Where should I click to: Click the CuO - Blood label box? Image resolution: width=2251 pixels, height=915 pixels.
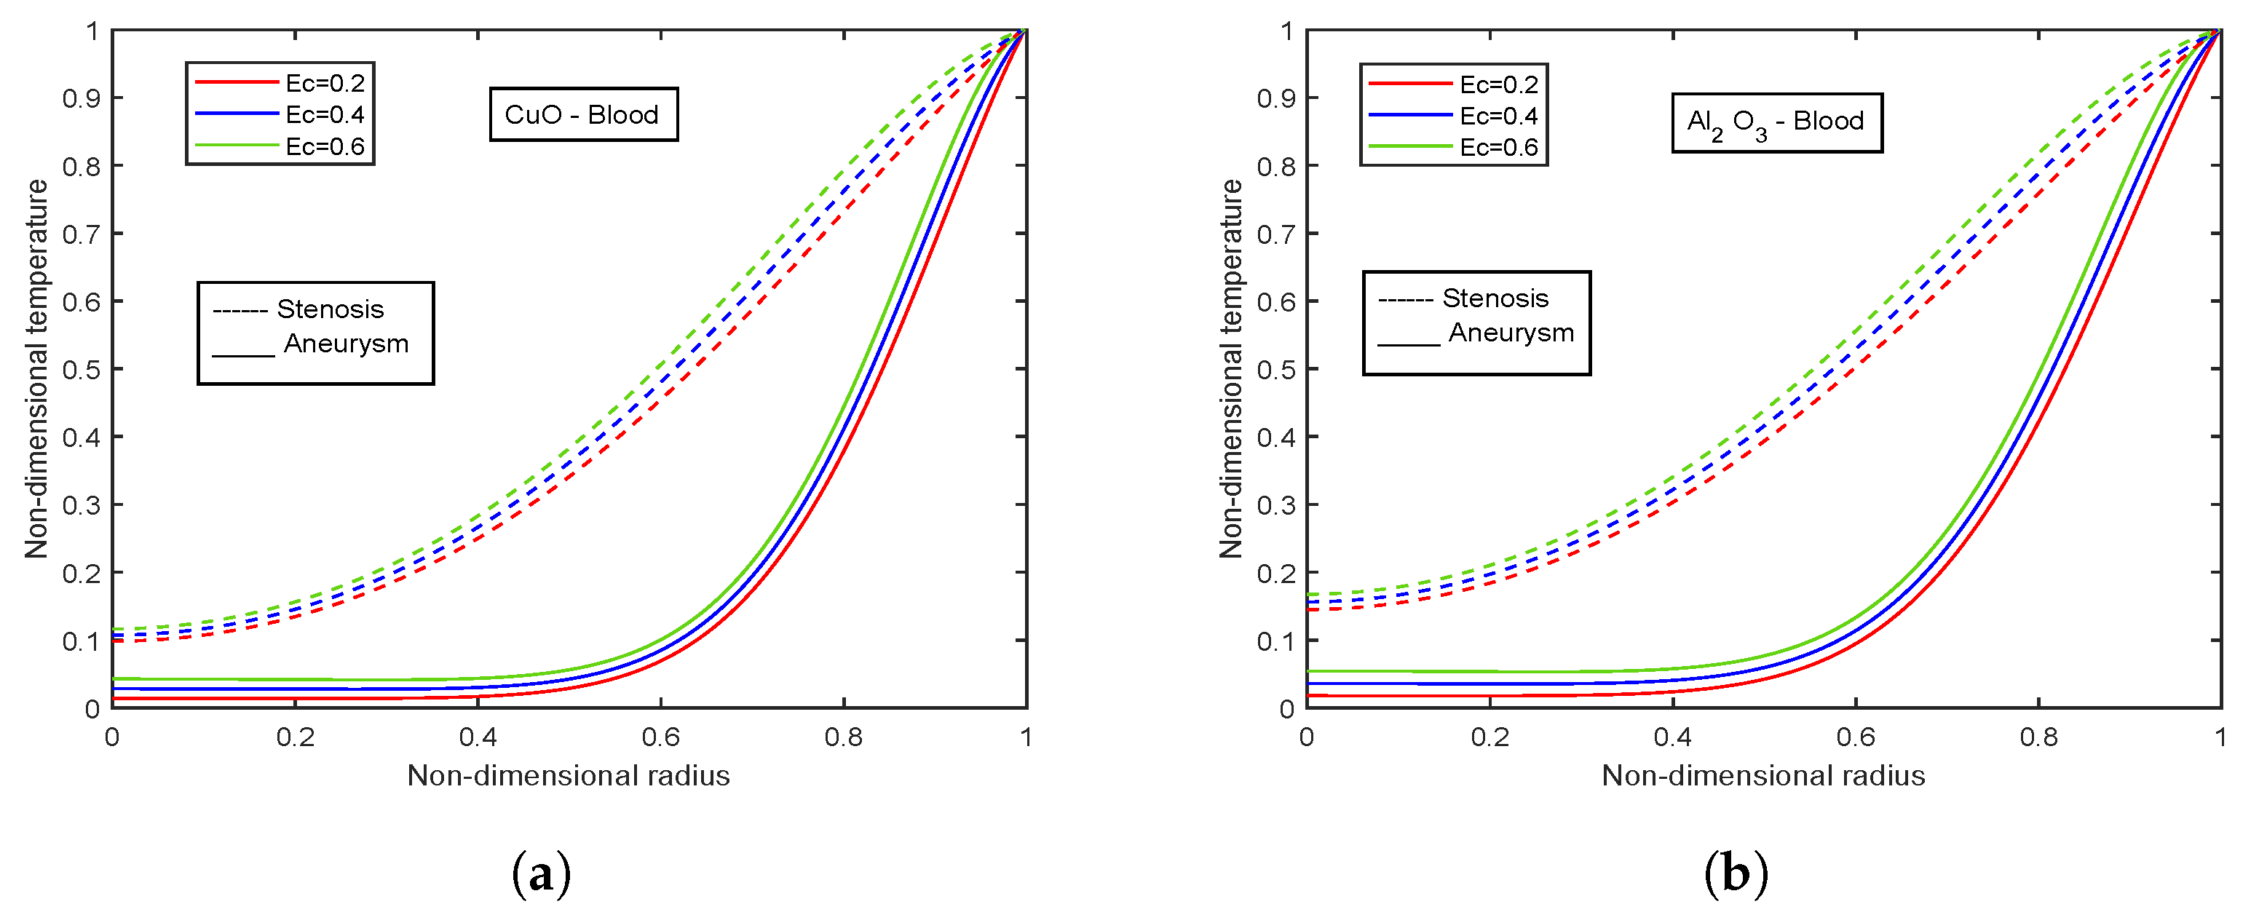pos(583,114)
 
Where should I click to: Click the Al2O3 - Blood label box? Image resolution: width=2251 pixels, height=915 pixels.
pos(1776,122)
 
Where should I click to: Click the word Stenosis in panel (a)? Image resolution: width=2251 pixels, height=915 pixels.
pos(330,309)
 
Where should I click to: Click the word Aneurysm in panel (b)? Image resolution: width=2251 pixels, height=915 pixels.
pos(1511,333)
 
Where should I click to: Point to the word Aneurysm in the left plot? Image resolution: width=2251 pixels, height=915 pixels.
pos(346,344)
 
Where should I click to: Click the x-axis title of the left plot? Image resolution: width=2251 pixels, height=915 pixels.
pos(568,775)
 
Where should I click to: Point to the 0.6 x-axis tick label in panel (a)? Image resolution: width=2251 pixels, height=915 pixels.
pos(660,737)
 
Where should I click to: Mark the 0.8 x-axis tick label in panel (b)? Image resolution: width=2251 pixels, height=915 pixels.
pos(2038,737)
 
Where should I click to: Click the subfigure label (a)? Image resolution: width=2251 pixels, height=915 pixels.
pos(542,872)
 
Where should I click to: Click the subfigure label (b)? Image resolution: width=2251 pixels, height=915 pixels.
pos(1736,872)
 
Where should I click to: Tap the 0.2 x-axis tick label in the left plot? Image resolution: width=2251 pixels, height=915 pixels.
pos(295,737)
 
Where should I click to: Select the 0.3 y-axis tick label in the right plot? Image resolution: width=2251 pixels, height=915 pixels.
pos(1275,505)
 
